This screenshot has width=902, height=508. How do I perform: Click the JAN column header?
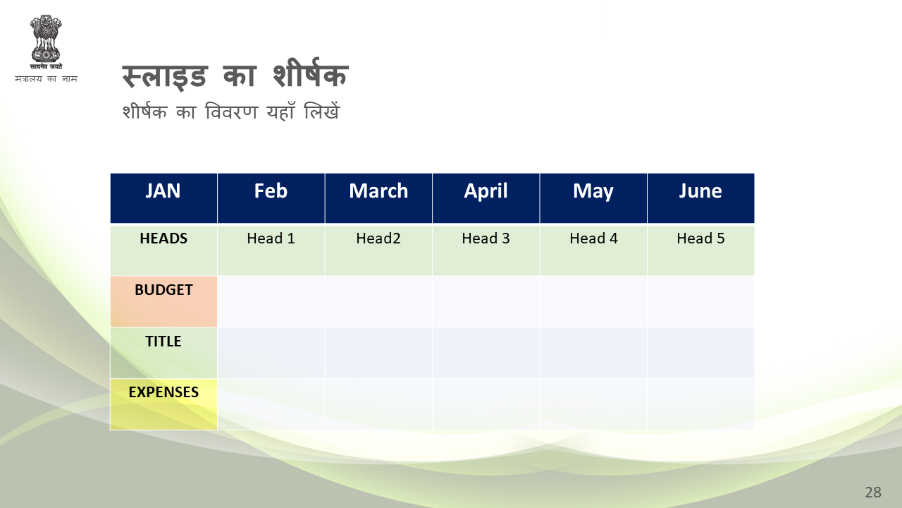click(163, 198)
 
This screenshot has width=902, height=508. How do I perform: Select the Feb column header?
click(271, 198)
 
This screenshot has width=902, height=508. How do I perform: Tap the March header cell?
click(378, 198)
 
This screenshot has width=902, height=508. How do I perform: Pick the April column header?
click(486, 198)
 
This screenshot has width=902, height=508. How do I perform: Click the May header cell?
click(593, 198)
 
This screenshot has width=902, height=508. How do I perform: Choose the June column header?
click(701, 198)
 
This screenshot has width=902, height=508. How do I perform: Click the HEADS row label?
click(163, 250)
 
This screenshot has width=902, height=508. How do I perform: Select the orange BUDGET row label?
click(163, 301)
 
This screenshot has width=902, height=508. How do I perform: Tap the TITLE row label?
click(163, 353)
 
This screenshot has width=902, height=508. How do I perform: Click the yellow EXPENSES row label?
click(163, 404)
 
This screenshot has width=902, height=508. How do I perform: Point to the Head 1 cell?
click(271, 250)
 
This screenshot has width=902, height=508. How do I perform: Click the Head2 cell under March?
click(378, 250)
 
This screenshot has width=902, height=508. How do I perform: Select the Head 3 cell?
click(486, 250)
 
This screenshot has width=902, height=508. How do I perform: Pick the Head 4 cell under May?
click(593, 250)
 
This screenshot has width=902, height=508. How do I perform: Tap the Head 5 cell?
click(701, 250)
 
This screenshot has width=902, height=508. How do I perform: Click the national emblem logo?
click(46, 42)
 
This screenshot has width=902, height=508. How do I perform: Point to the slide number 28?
click(873, 492)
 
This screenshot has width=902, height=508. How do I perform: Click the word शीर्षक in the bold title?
click(311, 73)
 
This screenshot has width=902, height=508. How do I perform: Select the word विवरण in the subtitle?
click(231, 111)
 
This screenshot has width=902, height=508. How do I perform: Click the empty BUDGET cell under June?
click(701, 301)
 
